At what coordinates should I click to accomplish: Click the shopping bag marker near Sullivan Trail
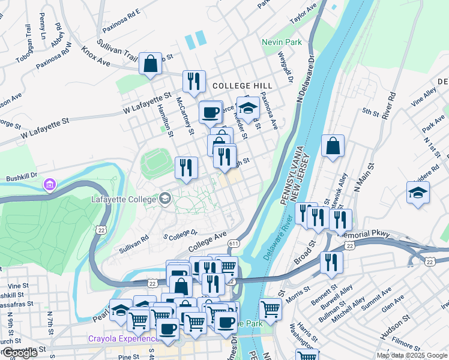(150, 63)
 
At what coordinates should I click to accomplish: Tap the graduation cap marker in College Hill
(248, 108)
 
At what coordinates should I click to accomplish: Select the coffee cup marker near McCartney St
(211, 112)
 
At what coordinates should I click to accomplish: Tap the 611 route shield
(234, 243)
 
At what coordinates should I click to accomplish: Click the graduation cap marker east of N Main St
(418, 193)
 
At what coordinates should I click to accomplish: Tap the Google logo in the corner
(19, 353)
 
